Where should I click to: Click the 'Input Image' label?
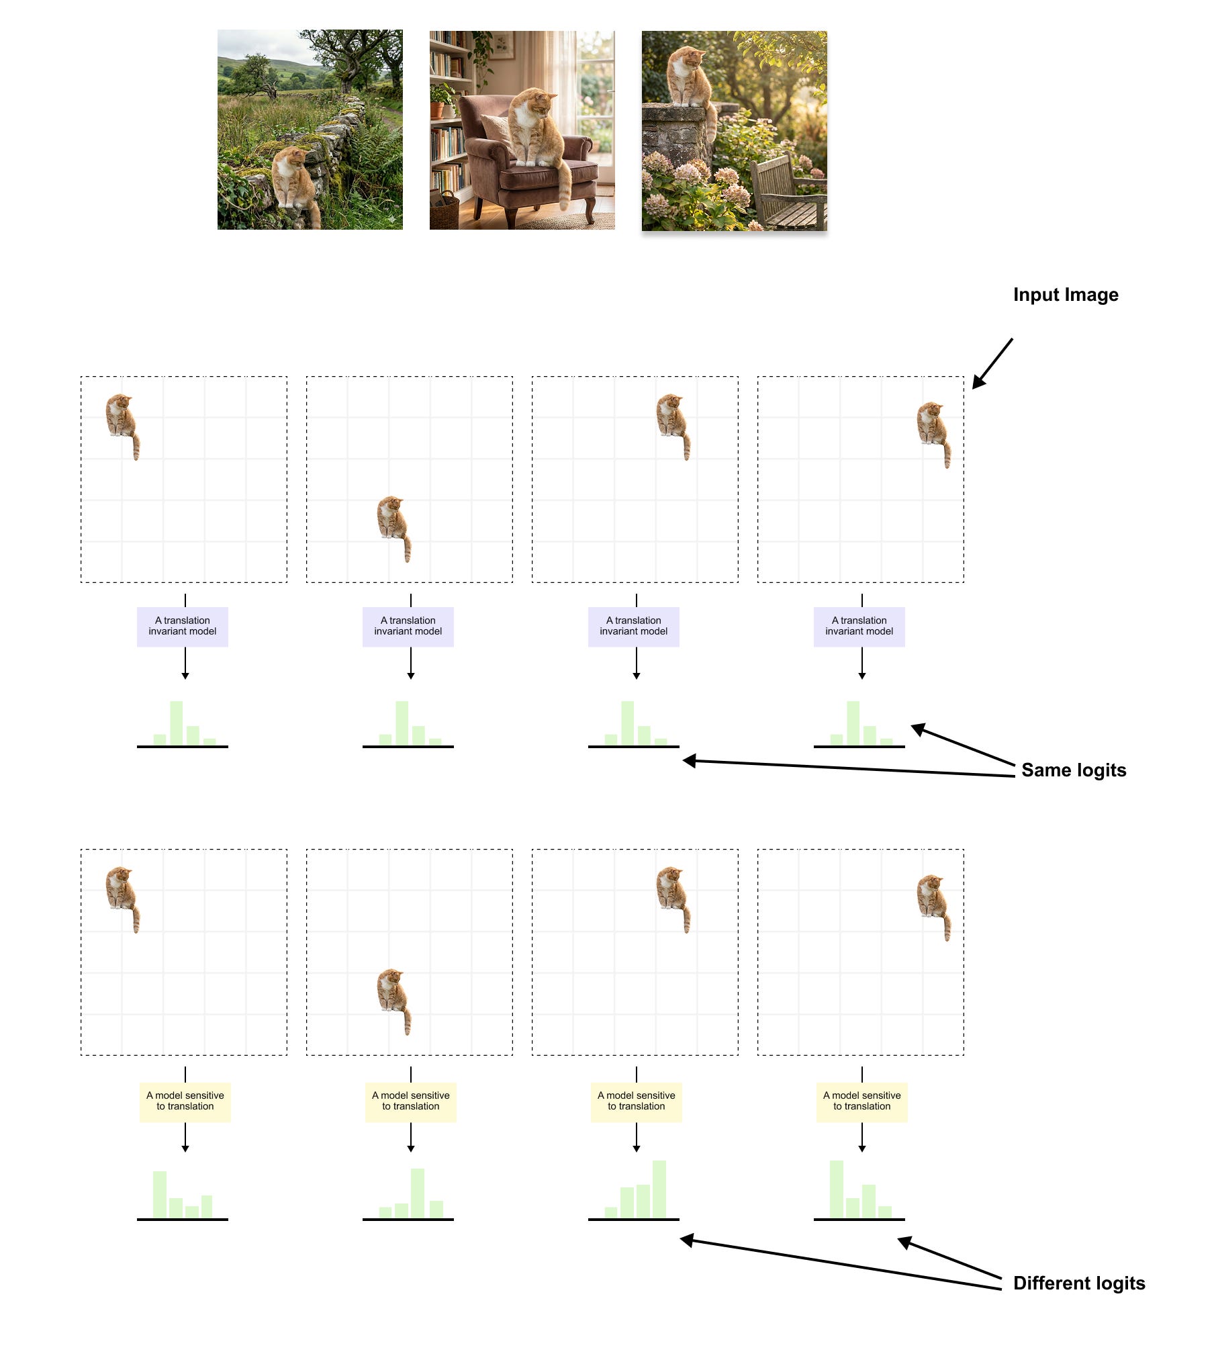point(1065,295)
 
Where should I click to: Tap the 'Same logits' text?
point(1073,770)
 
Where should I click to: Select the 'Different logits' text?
point(1078,1283)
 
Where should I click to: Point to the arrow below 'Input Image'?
point(992,363)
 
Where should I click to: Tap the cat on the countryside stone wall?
point(293,178)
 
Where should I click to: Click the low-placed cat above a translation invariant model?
point(393,527)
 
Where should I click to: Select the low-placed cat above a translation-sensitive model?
point(393,1000)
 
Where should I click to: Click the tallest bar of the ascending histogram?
point(659,1189)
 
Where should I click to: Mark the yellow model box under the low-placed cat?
point(410,1101)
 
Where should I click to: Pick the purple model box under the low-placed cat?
point(408,627)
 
